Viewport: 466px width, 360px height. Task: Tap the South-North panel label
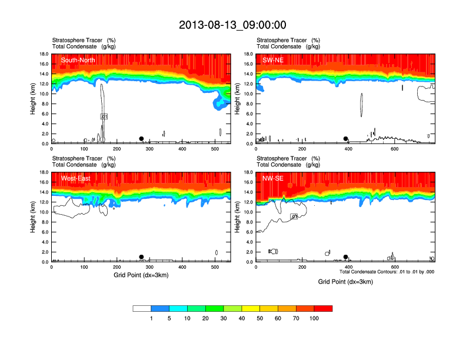(78, 60)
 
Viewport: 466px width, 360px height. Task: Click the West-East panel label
(75, 178)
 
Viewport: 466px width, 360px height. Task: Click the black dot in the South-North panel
(141, 139)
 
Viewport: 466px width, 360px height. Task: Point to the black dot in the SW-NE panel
(346, 139)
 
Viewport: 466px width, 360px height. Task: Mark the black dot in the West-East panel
(141, 257)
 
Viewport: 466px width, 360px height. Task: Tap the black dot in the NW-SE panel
(346, 257)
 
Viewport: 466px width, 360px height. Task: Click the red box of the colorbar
(323, 308)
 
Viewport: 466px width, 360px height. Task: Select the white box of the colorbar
(142, 308)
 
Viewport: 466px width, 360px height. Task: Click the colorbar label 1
(151, 318)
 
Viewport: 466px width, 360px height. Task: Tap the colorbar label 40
(242, 318)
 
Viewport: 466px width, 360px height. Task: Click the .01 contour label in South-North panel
(104, 116)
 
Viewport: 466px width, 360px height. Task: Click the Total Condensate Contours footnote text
(387, 272)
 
